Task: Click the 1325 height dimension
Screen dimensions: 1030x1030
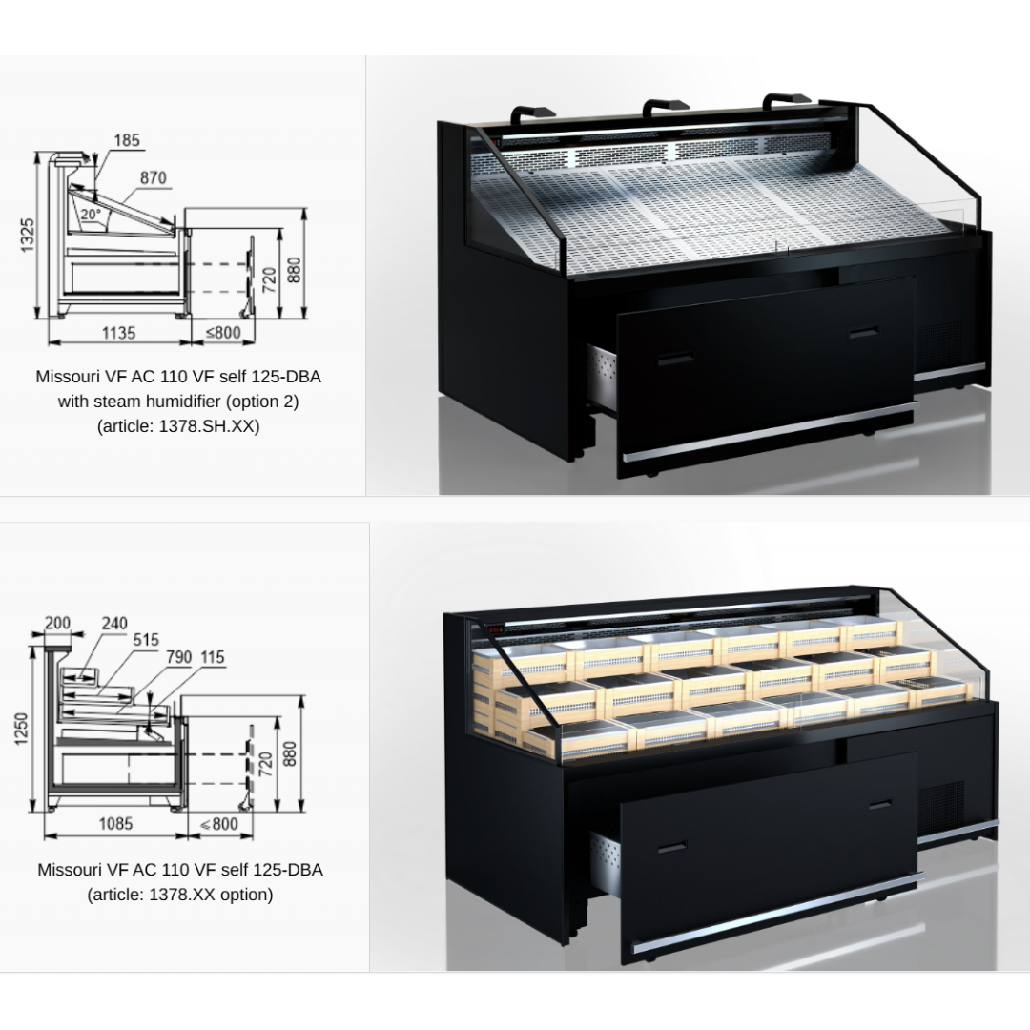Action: [27, 236]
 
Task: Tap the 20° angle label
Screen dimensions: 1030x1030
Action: [91, 215]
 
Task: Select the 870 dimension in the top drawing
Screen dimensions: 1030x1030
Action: [153, 178]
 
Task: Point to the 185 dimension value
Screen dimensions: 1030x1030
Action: [127, 140]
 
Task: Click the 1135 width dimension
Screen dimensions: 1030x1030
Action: [118, 333]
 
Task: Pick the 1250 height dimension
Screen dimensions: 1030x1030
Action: [22, 729]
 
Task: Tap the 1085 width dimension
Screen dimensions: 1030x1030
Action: [115, 824]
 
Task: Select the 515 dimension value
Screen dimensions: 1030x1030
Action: [146, 640]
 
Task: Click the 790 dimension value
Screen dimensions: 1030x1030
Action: [178, 657]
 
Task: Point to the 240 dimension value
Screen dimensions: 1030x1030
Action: [114, 624]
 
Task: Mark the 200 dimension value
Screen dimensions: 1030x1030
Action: [58, 623]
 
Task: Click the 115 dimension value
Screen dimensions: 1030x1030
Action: [212, 657]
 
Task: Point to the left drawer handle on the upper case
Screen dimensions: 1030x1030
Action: [675, 359]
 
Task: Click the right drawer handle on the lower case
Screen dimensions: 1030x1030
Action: [880, 805]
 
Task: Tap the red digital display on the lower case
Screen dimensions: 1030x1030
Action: [494, 630]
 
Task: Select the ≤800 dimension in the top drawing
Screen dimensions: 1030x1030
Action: [223, 333]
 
